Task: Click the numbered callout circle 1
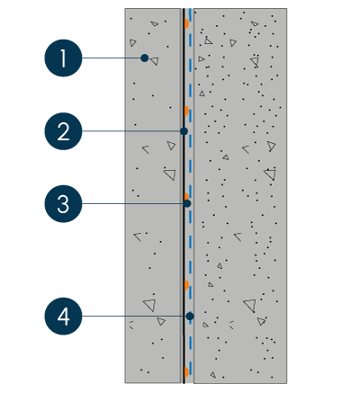pos(63,58)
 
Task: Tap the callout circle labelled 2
pos(63,131)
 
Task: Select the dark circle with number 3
pos(63,204)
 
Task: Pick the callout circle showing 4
pos(63,316)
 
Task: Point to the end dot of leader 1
pos(145,58)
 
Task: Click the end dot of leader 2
pos(184,131)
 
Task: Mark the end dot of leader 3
pos(187,203)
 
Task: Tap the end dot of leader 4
pos(190,316)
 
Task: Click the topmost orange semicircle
pos(186,23)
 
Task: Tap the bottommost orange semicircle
pos(186,372)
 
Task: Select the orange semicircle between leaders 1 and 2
pos(186,111)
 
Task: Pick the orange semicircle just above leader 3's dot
pos(186,197)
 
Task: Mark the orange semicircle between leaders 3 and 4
pos(186,285)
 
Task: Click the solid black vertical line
pos(184,196)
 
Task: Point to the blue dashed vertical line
pos(190,196)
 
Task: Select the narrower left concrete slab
pos(153,196)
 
